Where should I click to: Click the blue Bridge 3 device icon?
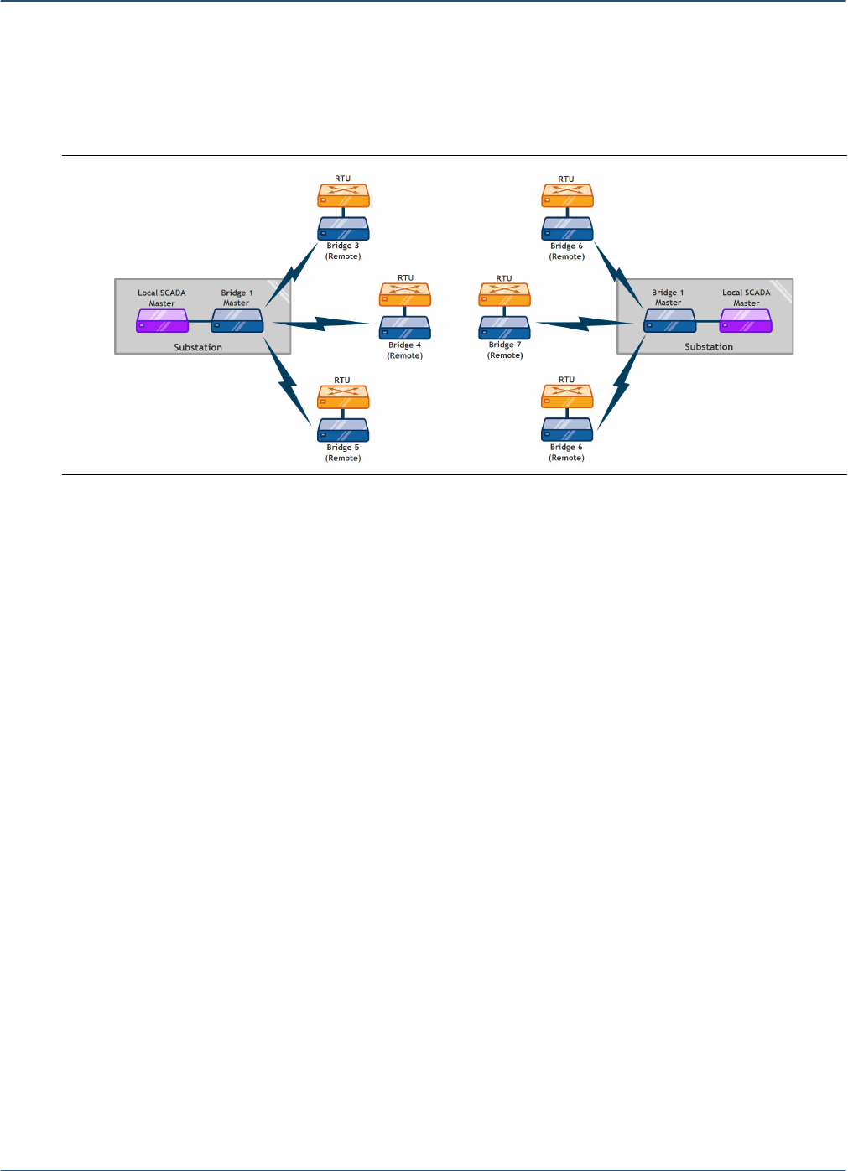(x=343, y=229)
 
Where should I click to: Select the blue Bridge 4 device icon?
(x=405, y=328)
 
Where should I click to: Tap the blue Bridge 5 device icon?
(x=343, y=430)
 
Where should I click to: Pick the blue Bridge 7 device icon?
(x=504, y=328)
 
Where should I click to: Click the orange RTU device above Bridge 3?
(x=343, y=195)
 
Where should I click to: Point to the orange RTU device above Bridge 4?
(x=405, y=294)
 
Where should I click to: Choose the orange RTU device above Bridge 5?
(x=343, y=396)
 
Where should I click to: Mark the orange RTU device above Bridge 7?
(x=504, y=295)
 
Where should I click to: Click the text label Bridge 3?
(x=343, y=246)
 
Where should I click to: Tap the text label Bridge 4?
(x=405, y=345)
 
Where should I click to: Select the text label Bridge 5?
(x=343, y=448)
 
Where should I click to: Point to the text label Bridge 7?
(x=505, y=345)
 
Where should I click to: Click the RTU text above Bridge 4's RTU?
(x=406, y=277)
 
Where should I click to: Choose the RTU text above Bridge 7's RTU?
(x=504, y=278)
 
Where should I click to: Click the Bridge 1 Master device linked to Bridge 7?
(x=669, y=321)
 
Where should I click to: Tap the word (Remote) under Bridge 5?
(x=343, y=459)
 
